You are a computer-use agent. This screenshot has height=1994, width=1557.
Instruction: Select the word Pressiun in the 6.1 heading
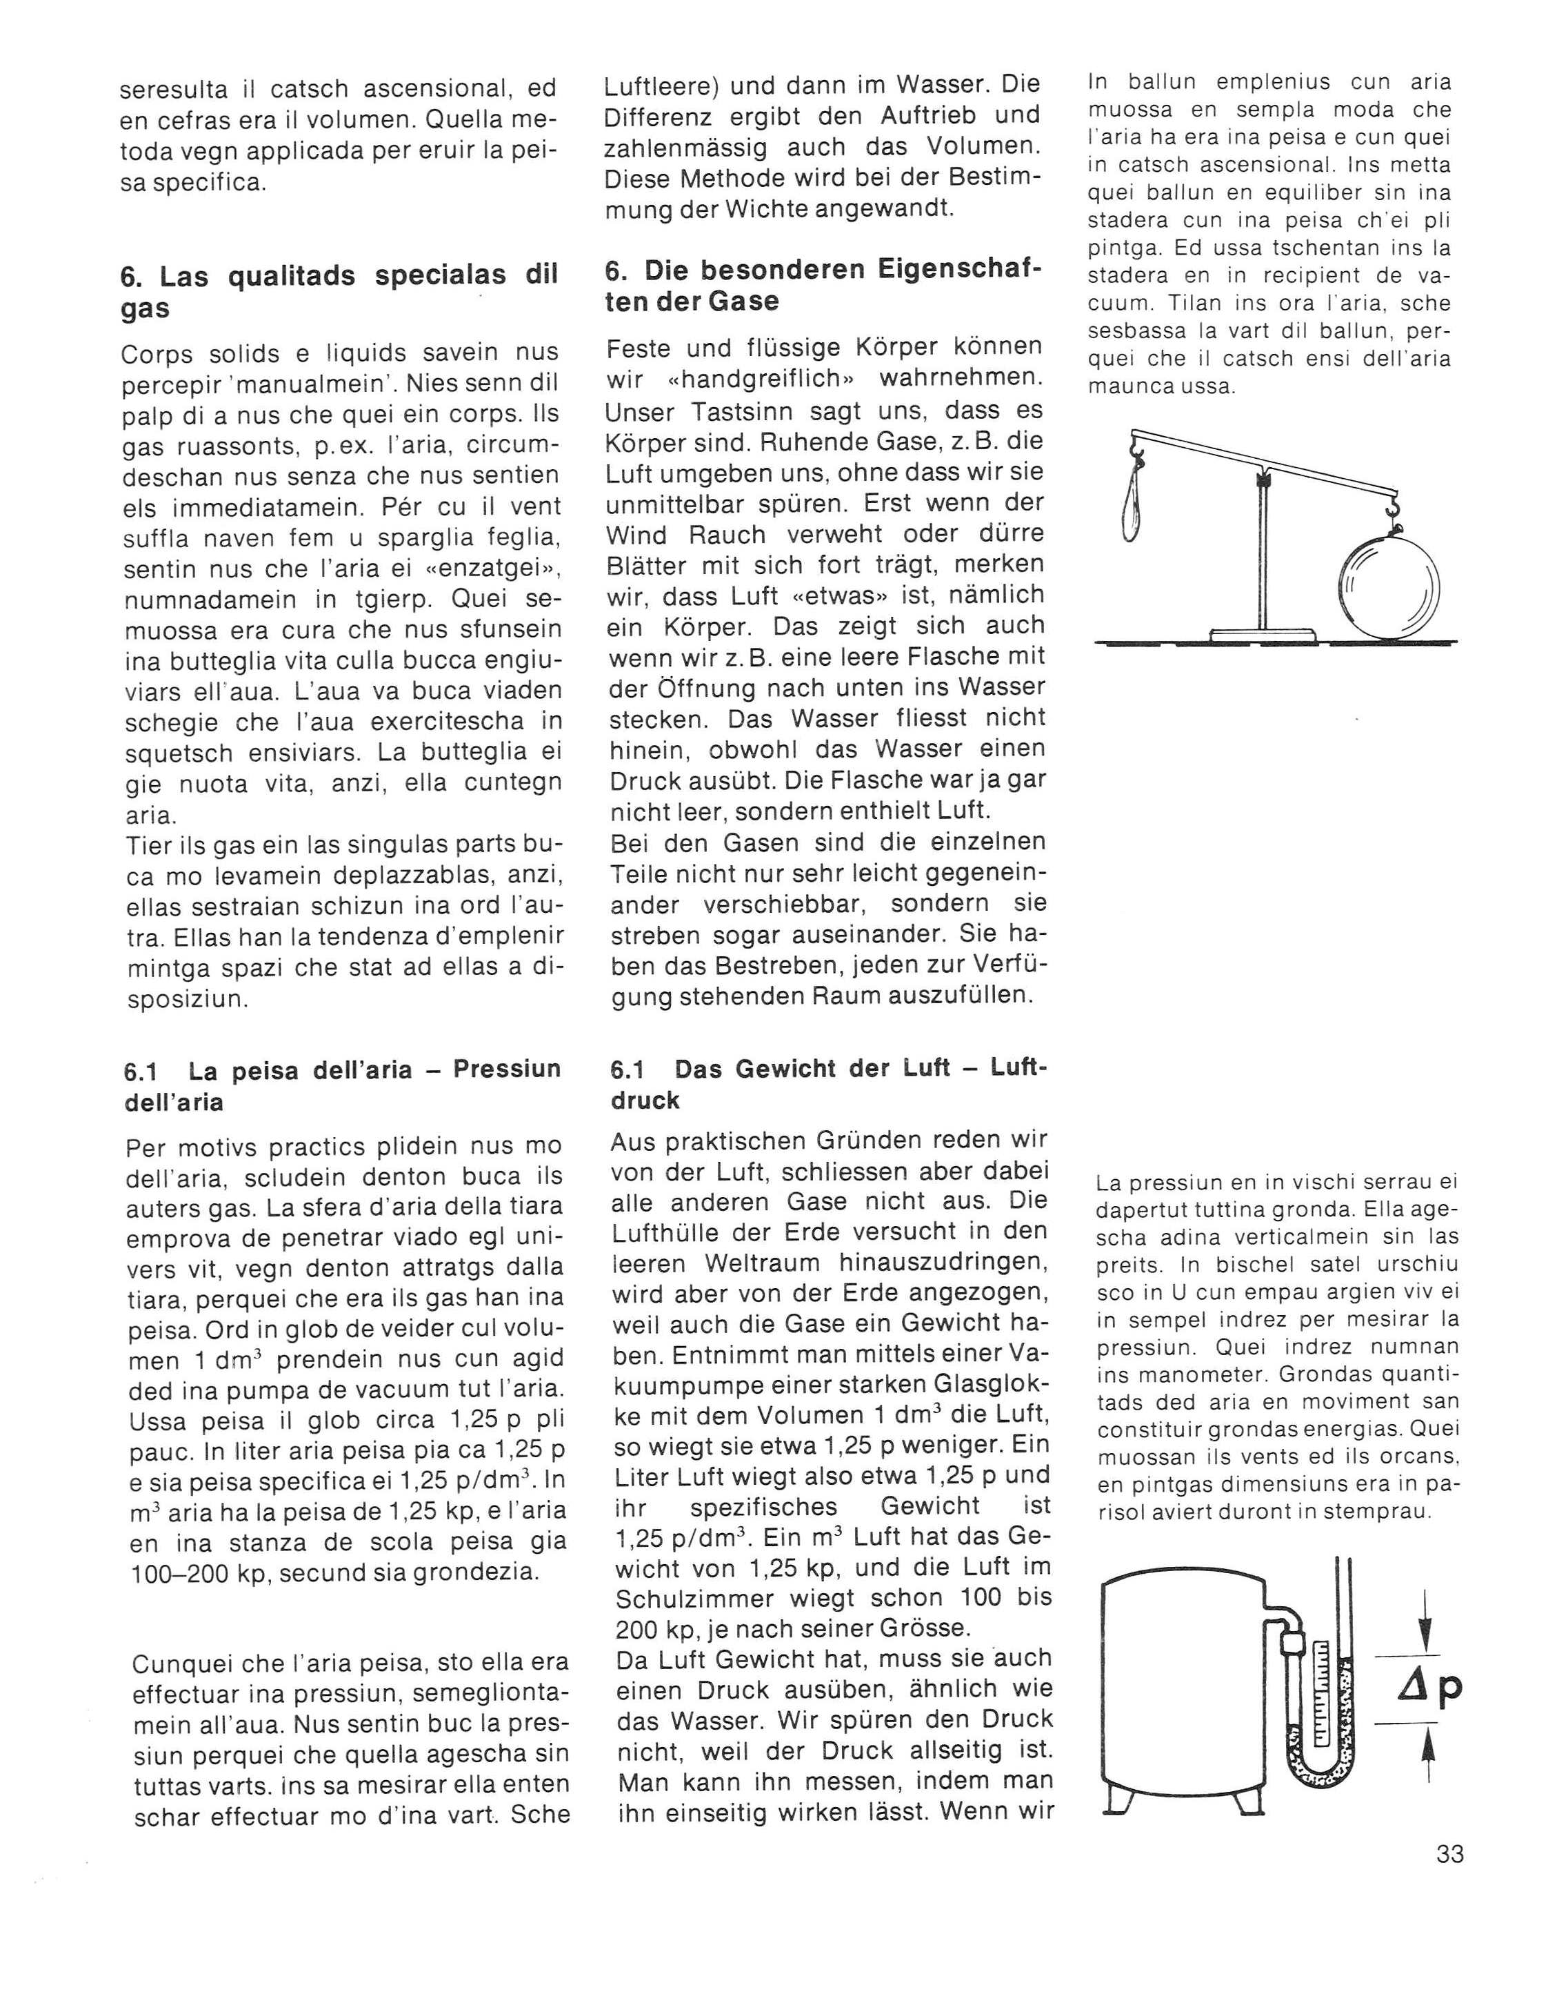(508, 1069)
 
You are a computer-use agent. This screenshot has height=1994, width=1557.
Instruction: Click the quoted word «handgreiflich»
(747, 378)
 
